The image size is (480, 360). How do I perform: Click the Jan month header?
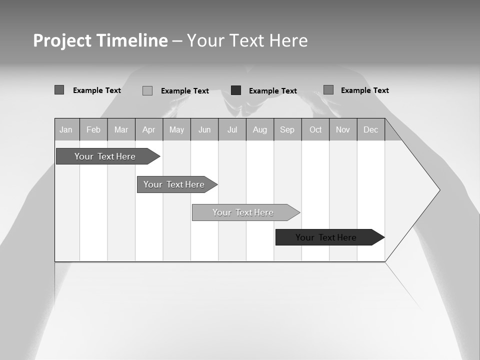(66, 129)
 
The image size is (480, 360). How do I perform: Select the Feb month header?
(93, 129)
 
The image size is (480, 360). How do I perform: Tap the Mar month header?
(121, 129)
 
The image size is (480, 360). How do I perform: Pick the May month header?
(176, 129)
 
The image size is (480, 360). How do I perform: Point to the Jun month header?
(204, 129)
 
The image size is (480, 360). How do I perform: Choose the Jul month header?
(232, 129)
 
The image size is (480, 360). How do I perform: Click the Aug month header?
(260, 129)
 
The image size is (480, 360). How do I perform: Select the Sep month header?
(287, 129)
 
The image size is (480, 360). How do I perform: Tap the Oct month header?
(315, 129)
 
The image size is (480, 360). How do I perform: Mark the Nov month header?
(343, 129)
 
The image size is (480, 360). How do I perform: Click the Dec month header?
(371, 129)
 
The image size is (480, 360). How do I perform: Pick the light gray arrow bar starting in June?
(243, 212)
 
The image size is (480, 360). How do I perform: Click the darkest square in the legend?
(236, 90)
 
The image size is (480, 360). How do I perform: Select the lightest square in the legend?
(147, 90)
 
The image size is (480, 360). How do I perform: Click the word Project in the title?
(62, 40)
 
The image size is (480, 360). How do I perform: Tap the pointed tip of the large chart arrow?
(438, 190)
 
